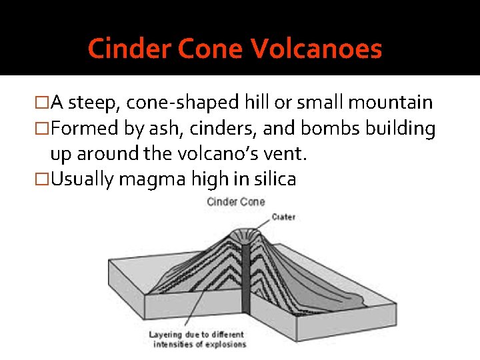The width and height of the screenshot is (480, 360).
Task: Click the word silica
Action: pyautogui.click(x=272, y=179)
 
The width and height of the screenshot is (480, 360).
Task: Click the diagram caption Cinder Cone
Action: pyautogui.click(x=236, y=201)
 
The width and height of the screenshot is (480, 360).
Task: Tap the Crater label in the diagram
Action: pyautogui.click(x=283, y=217)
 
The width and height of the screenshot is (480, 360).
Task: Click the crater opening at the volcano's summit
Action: pyautogui.click(x=246, y=234)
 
